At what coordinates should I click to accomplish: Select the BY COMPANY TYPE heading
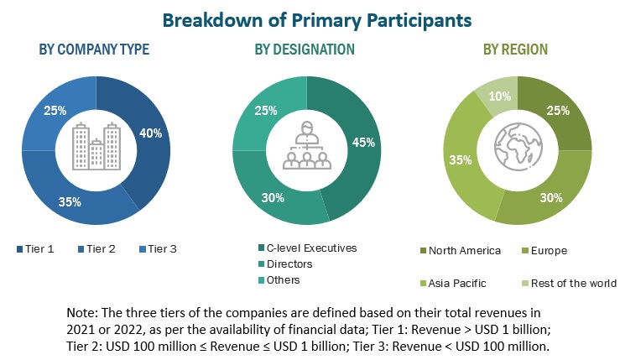pyautogui.click(x=94, y=50)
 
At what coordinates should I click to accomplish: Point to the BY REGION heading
pyautogui.click(x=514, y=50)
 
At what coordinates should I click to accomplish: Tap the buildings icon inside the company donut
pyautogui.click(x=96, y=144)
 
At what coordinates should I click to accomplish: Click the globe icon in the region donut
pyautogui.click(x=515, y=147)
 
